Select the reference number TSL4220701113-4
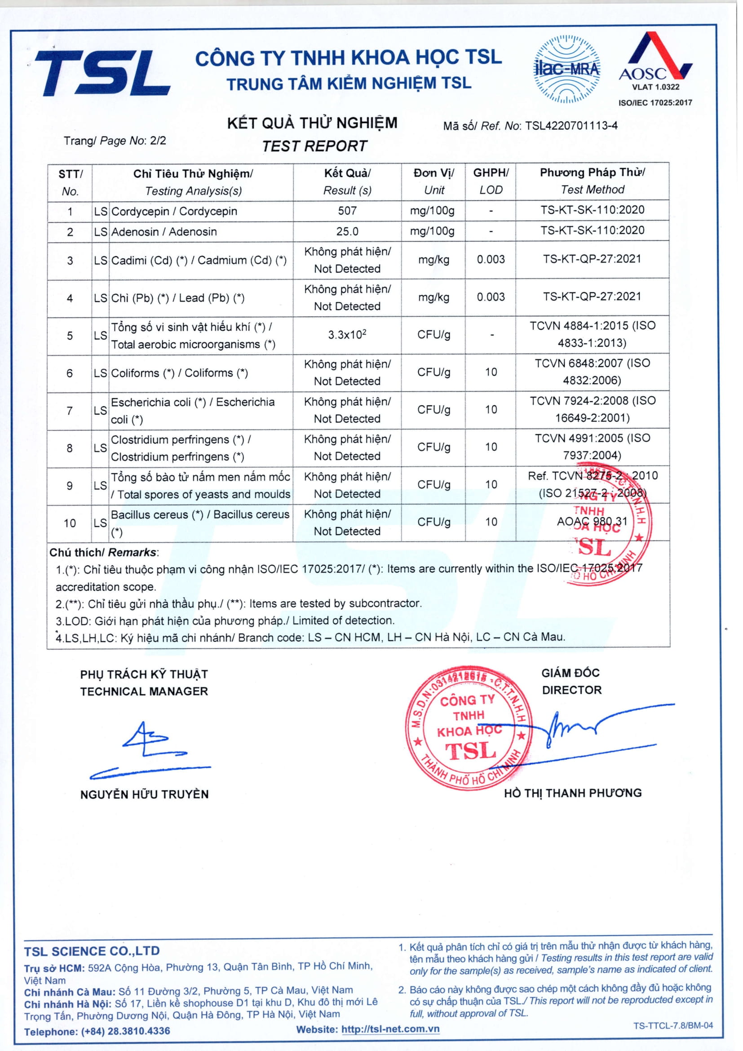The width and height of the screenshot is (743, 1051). click(571, 125)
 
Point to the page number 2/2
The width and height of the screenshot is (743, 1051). click(158, 141)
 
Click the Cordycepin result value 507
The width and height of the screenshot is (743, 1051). click(347, 211)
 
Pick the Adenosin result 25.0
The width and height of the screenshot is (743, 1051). click(347, 231)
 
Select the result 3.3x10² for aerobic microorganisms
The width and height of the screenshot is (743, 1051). click(347, 335)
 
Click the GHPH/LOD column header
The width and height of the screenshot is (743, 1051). click(491, 181)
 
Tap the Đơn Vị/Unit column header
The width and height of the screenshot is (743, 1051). click(434, 181)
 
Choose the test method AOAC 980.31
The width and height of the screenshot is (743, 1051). click(592, 521)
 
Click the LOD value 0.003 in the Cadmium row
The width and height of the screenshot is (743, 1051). click(491, 260)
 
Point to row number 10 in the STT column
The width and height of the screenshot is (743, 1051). click(70, 523)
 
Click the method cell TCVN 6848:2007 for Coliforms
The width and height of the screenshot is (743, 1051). click(592, 372)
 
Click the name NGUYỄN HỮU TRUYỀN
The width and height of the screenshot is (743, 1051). click(144, 794)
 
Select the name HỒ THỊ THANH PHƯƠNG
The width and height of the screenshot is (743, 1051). click(573, 793)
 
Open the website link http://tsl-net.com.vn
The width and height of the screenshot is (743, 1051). click(390, 1029)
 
